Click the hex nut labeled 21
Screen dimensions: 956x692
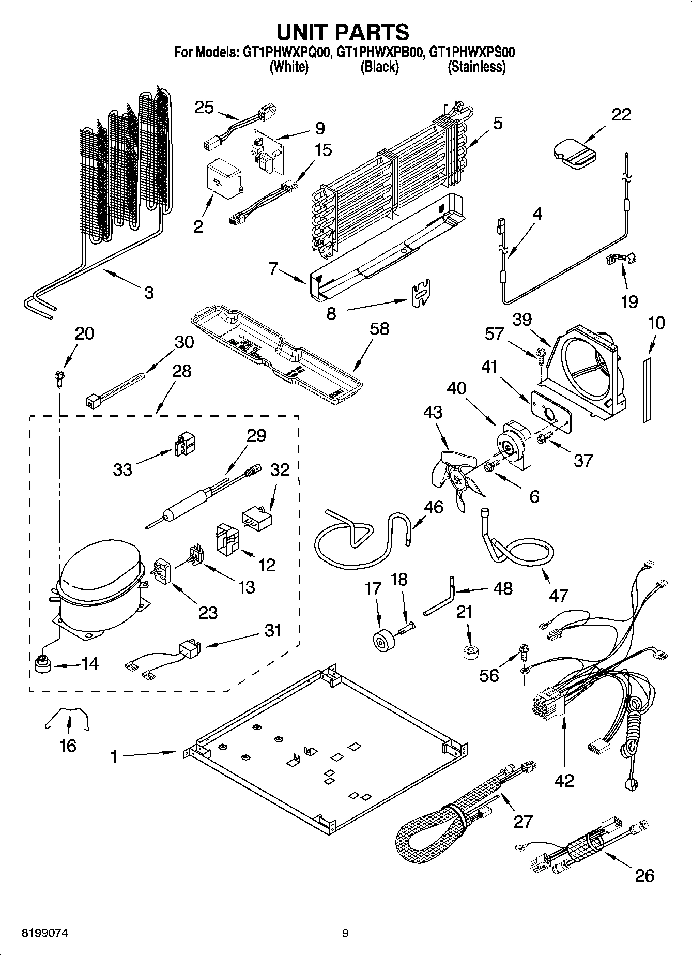click(468, 651)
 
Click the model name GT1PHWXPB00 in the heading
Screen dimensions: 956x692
click(380, 52)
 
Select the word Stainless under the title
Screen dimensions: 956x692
click(476, 67)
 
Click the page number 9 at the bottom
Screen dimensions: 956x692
click(345, 933)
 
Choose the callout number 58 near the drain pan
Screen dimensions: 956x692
click(380, 329)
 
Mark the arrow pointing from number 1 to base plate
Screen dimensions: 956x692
click(150, 755)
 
